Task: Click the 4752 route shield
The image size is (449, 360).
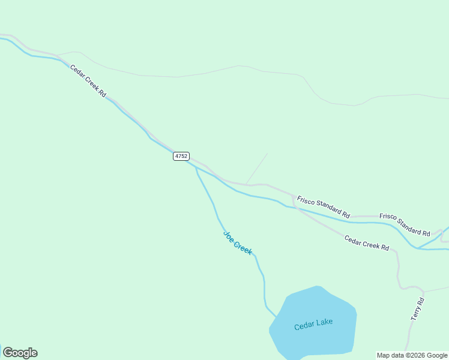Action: pos(181,156)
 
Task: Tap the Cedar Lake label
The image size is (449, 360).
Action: pos(313,325)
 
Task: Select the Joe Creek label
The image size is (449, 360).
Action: pos(238,242)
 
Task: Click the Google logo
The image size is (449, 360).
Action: pos(20,353)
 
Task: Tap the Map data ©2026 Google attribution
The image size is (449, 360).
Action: pos(412,355)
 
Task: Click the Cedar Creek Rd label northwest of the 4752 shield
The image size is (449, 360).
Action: pos(88,82)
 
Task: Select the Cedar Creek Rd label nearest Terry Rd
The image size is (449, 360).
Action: pos(366,243)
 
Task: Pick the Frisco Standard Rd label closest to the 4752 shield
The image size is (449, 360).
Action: pos(323,206)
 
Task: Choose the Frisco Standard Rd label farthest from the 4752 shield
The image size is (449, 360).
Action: pos(405,224)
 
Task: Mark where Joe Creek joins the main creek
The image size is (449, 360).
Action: pos(195,167)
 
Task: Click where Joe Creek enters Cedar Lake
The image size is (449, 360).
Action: pos(276,316)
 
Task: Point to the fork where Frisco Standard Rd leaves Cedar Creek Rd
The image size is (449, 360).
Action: pos(293,196)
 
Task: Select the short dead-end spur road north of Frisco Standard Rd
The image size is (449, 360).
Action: pos(257,169)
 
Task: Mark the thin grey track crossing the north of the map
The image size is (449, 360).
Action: pos(240,66)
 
